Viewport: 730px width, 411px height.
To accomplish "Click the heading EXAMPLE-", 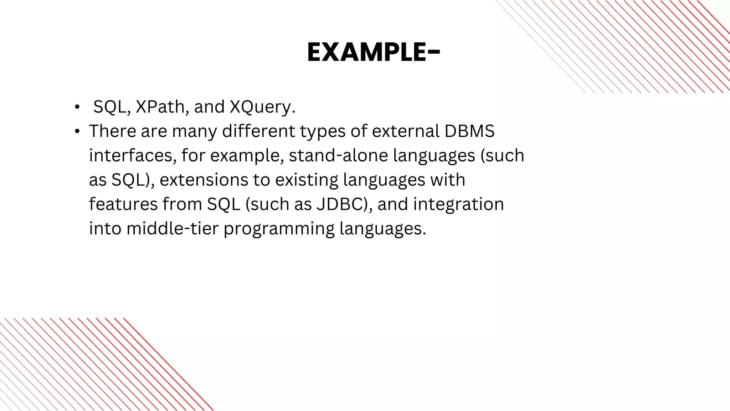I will (373, 53).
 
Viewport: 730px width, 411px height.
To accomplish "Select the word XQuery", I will (262, 107).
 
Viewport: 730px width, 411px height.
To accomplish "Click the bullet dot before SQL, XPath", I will (77, 107).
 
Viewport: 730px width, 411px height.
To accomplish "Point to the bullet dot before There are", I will (77, 132).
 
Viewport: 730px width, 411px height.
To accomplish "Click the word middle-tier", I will (172, 228).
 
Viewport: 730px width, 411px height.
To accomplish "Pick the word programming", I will (279, 228).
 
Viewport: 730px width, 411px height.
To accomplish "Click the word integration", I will (458, 204).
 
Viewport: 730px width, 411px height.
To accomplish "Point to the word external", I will (405, 131).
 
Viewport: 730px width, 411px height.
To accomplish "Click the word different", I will (258, 131).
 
